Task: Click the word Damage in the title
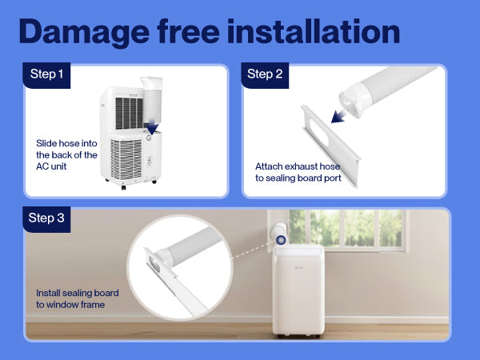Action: click(84, 32)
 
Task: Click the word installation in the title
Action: click(314, 30)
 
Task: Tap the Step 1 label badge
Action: click(46, 75)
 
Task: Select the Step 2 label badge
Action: click(265, 75)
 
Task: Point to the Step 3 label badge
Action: click(46, 219)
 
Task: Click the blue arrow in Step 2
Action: click(339, 116)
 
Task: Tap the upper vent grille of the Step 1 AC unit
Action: click(129, 114)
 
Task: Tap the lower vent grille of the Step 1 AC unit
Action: click(126, 159)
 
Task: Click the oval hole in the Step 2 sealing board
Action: click(319, 133)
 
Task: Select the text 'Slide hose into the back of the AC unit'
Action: click(66, 155)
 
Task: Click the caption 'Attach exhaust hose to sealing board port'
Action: click(298, 172)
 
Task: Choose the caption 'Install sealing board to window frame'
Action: click(77, 298)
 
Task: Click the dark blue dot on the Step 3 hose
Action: click(281, 240)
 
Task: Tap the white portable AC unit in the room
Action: click(298, 291)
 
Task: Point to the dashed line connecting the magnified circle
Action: click(254, 251)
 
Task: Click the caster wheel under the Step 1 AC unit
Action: click(123, 187)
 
